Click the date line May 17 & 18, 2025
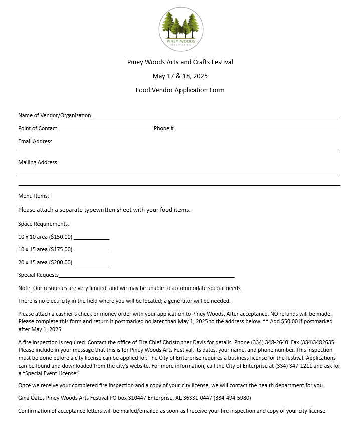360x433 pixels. [x=180, y=76]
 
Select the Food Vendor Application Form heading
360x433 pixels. [x=180, y=90]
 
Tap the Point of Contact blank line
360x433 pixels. [x=106, y=130]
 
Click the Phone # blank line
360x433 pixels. [x=257, y=130]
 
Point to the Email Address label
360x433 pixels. [x=35, y=141]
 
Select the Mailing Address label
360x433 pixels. [x=38, y=162]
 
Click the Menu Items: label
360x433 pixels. [x=34, y=196]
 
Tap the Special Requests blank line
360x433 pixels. [x=146, y=276]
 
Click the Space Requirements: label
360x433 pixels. [x=44, y=224]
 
